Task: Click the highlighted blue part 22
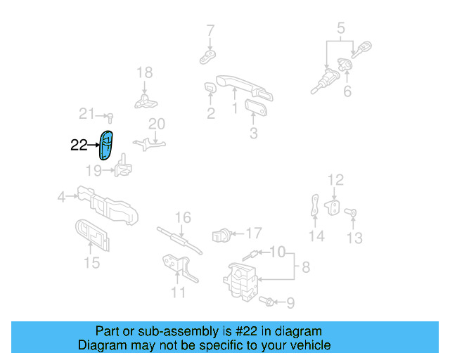coord(107,146)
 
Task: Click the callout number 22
coord(79,146)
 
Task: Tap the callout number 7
coord(210,30)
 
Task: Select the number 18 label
coord(144,72)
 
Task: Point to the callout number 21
coord(86,114)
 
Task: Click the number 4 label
coord(61,198)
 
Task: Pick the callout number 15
coord(92,264)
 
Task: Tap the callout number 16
coord(183,218)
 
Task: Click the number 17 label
coord(253,232)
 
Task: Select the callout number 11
coord(179,292)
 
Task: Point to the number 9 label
coord(290,303)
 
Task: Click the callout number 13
coord(355,238)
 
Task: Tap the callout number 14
coord(317,236)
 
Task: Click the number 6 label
coord(347,92)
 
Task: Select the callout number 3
coord(254,133)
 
